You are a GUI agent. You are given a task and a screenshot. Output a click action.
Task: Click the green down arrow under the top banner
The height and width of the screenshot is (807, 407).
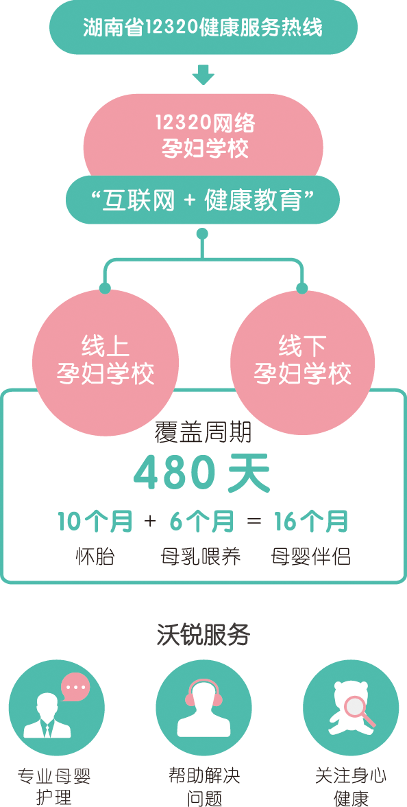pyautogui.click(x=203, y=75)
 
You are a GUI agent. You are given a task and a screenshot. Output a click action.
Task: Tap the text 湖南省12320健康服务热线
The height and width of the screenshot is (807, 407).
pyautogui.click(x=203, y=27)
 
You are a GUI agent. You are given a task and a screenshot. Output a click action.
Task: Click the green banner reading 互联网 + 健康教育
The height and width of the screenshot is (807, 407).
pyautogui.click(x=203, y=200)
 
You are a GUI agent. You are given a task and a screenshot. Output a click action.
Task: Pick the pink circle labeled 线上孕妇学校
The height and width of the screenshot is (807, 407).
pyautogui.click(x=105, y=362)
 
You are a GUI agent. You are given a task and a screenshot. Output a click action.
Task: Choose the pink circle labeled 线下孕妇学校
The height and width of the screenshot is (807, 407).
pyautogui.click(x=302, y=362)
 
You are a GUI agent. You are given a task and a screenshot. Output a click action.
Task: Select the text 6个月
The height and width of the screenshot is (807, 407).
pyautogui.click(x=201, y=522)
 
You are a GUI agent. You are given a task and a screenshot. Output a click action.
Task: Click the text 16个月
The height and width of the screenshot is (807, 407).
pyautogui.click(x=311, y=522)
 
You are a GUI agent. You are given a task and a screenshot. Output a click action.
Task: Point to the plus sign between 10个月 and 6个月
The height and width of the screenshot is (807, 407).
pyautogui.click(x=150, y=522)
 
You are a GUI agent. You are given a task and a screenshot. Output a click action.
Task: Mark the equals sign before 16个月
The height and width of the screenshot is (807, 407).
pyautogui.click(x=254, y=522)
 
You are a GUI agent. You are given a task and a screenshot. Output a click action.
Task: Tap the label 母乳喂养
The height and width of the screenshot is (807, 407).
pyautogui.click(x=201, y=557)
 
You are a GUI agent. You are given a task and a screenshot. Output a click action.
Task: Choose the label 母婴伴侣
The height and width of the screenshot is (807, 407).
pyautogui.click(x=311, y=557)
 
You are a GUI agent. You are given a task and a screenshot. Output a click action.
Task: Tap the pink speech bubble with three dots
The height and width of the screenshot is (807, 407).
pyautogui.click(x=75, y=687)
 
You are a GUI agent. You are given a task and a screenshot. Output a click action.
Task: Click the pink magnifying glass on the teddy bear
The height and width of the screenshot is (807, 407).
pyautogui.click(x=359, y=712)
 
